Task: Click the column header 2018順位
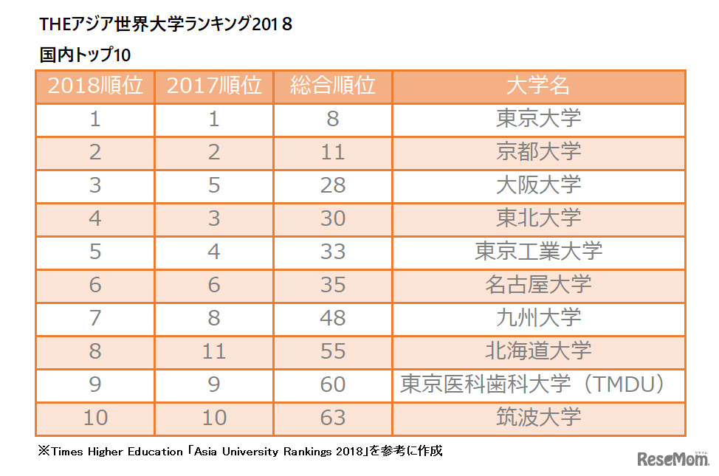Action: pyautogui.click(x=95, y=86)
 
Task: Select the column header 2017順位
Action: pyautogui.click(x=214, y=86)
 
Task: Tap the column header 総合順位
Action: pyautogui.click(x=333, y=86)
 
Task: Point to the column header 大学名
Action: pyautogui.click(x=538, y=86)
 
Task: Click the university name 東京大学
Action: pyautogui.click(x=538, y=118)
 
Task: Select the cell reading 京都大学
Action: pyautogui.click(x=538, y=151)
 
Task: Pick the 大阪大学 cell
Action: pyautogui.click(x=538, y=184)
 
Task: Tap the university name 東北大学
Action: pyautogui.click(x=538, y=218)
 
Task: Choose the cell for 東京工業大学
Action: pyautogui.click(x=538, y=251)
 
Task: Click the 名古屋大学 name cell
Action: pyautogui.click(x=538, y=284)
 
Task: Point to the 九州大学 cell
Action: pyautogui.click(x=538, y=317)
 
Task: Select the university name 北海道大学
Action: pyautogui.click(x=538, y=351)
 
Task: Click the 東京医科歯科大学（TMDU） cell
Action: pyautogui.click(x=538, y=384)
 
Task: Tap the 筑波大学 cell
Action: pyautogui.click(x=538, y=417)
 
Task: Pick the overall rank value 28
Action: pyautogui.click(x=333, y=184)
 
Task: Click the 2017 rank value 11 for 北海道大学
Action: pyautogui.click(x=214, y=351)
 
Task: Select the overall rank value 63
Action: pyautogui.click(x=333, y=417)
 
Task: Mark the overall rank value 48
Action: pyautogui.click(x=333, y=317)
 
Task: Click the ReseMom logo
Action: pyautogui.click(x=672, y=458)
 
